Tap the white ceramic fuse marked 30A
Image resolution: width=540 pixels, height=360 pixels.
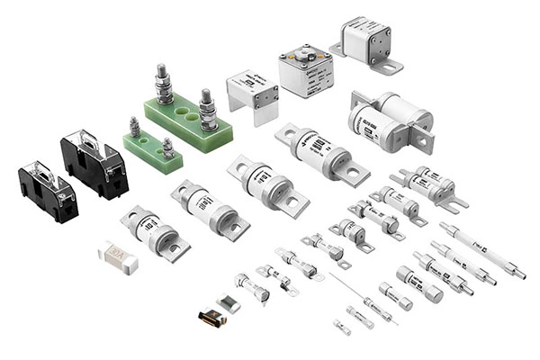coord(118,257)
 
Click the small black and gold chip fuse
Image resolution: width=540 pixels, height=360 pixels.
coord(211,316)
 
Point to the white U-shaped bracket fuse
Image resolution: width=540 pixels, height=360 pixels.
coord(253,94)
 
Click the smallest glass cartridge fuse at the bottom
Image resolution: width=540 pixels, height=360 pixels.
coord(342,327)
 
